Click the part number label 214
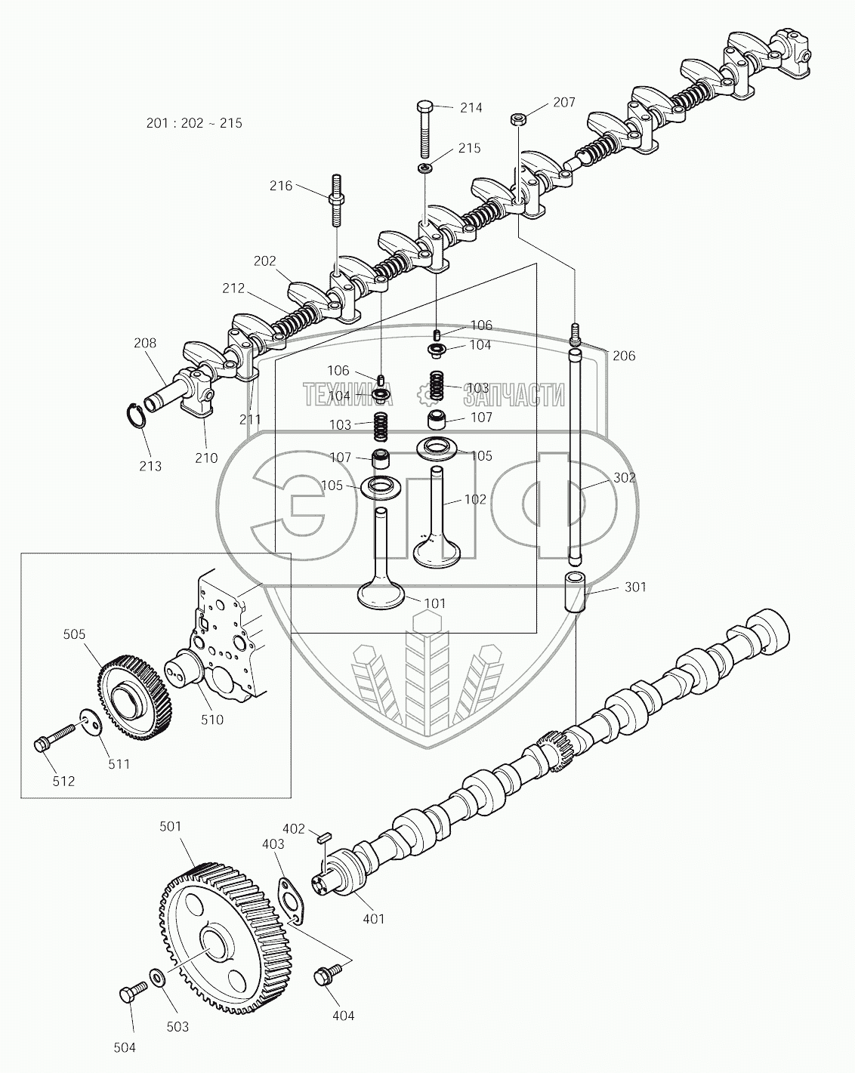point(471,108)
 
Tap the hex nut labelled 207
point(518,118)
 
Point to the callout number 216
point(281,185)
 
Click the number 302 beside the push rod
point(624,478)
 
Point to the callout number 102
point(475,500)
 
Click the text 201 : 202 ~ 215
point(194,123)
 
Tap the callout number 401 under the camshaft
point(373,919)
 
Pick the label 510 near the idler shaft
point(212,720)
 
